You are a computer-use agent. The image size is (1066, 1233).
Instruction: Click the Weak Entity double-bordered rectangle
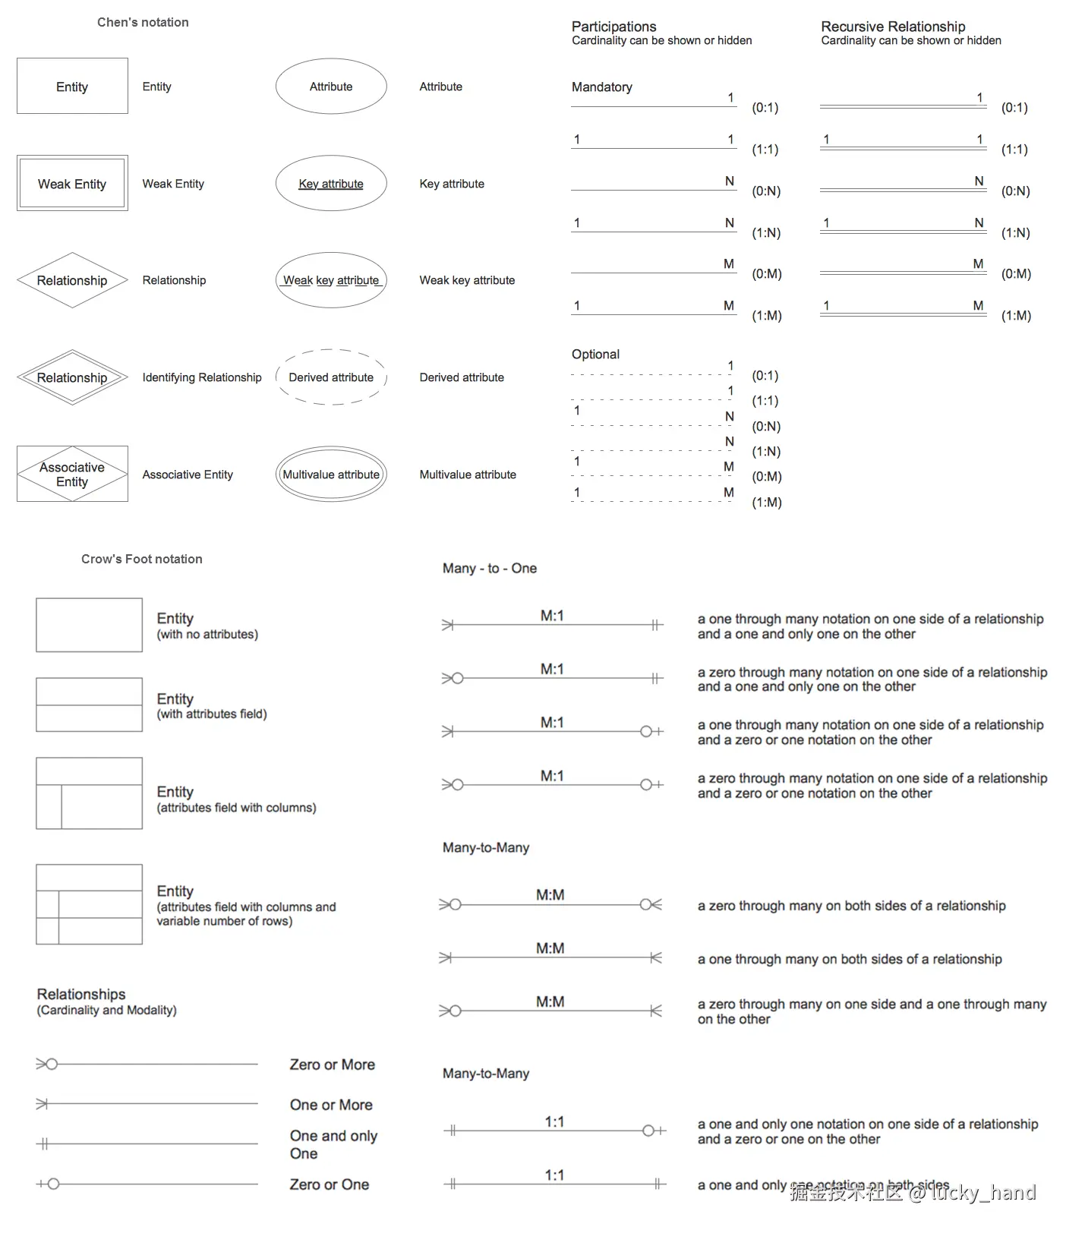point(72,184)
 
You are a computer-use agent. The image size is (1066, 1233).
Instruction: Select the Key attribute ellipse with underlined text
point(331,184)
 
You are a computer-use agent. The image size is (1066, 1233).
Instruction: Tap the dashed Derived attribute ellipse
point(331,377)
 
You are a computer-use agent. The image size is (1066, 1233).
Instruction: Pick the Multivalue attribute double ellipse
point(331,475)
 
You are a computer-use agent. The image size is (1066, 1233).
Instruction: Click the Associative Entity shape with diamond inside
point(72,475)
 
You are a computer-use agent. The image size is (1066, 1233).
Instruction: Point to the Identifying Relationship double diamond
point(72,377)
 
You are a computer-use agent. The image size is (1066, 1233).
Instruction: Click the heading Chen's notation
point(143,23)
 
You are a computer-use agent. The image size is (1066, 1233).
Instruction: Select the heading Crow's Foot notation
point(142,560)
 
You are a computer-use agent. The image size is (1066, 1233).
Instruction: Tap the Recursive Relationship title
point(893,27)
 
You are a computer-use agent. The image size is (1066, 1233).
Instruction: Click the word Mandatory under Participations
point(601,87)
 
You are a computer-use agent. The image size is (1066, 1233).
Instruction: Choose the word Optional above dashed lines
point(595,355)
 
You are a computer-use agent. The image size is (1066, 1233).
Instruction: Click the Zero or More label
point(332,1065)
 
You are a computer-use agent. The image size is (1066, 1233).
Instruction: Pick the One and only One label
point(333,1145)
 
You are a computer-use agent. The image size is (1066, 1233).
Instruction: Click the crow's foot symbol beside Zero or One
point(48,1184)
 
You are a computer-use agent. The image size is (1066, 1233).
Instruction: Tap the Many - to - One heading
point(489,569)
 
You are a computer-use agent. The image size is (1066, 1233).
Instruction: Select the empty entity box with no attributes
point(89,625)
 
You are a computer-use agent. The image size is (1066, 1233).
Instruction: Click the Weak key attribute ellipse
point(331,280)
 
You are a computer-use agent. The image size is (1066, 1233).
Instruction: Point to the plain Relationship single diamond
point(72,280)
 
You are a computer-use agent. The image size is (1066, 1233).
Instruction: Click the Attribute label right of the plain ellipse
point(440,87)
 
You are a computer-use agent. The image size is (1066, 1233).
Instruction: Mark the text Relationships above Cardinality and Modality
point(81,995)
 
